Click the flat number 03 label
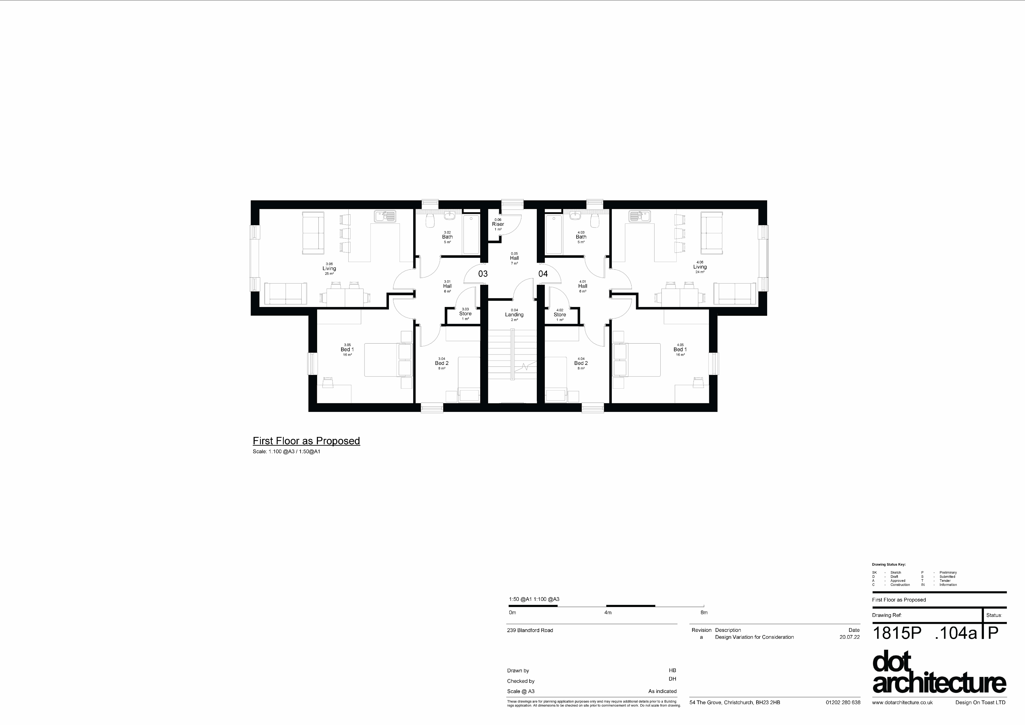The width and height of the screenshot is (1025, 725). coord(483,274)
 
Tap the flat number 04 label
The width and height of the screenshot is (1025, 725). coord(543,274)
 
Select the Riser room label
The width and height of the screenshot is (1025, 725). coord(498,224)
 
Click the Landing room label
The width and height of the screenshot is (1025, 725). coord(514,315)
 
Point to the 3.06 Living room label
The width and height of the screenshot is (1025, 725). coord(329,268)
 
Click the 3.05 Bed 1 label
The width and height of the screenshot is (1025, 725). coord(347,350)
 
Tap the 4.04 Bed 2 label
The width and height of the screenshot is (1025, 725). coord(581,363)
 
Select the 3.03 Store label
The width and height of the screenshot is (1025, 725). coord(465,314)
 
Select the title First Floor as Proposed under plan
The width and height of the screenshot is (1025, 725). coord(306,441)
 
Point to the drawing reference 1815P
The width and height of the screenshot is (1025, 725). coord(896,633)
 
